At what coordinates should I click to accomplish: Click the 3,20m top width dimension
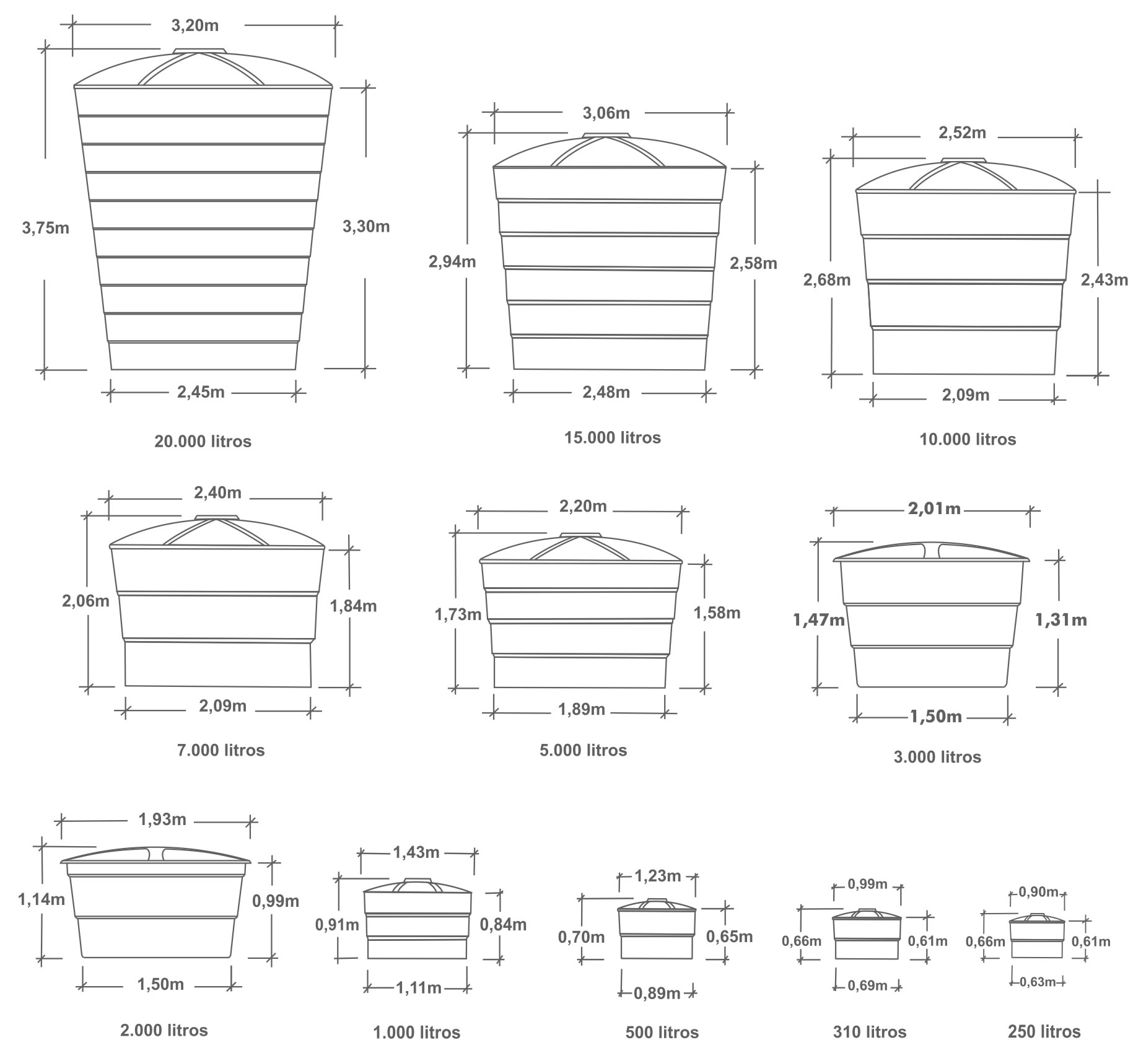pyautogui.click(x=195, y=25)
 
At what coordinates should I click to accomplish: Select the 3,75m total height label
pyautogui.click(x=46, y=228)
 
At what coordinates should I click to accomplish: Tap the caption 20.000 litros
pyautogui.click(x=203, y=442)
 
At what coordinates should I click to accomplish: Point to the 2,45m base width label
pyautogui.click(x=201, y=391)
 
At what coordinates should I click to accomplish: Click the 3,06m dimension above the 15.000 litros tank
pyautogui.click(x=606, y=113)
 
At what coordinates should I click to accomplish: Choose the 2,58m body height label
pyautogui.click(x=753, y=263)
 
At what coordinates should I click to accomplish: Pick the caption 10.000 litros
pyautogui.click(x=968, y=440)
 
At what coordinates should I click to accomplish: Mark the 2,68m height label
pyautogui.click(x=827, y=280)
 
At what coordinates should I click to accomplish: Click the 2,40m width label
pyautogui.click(x=218, y=492)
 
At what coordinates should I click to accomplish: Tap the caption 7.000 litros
pyautogui.click(x=221, y=751)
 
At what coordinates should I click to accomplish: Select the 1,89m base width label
pyautogui.click(x=582, y=709)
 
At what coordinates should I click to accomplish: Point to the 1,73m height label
pyautogui.click(x=458, y=614)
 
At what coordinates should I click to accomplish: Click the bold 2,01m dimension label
pyautogui.click(x=935, y=509)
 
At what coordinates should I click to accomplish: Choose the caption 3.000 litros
pyautogui.click(x=937, y=758)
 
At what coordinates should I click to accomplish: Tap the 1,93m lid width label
pyautogui.click(x=162, y=819)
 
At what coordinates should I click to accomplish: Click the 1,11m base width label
pyautogui.click(x=419, y=988)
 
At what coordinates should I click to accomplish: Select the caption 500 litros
pyautogui.click(x=662, y=1033)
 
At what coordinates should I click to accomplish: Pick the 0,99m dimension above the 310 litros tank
pyautogui.click(x=868, y=884)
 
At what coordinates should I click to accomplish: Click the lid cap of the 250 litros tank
pyautogui.click(x=1037, y=915)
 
